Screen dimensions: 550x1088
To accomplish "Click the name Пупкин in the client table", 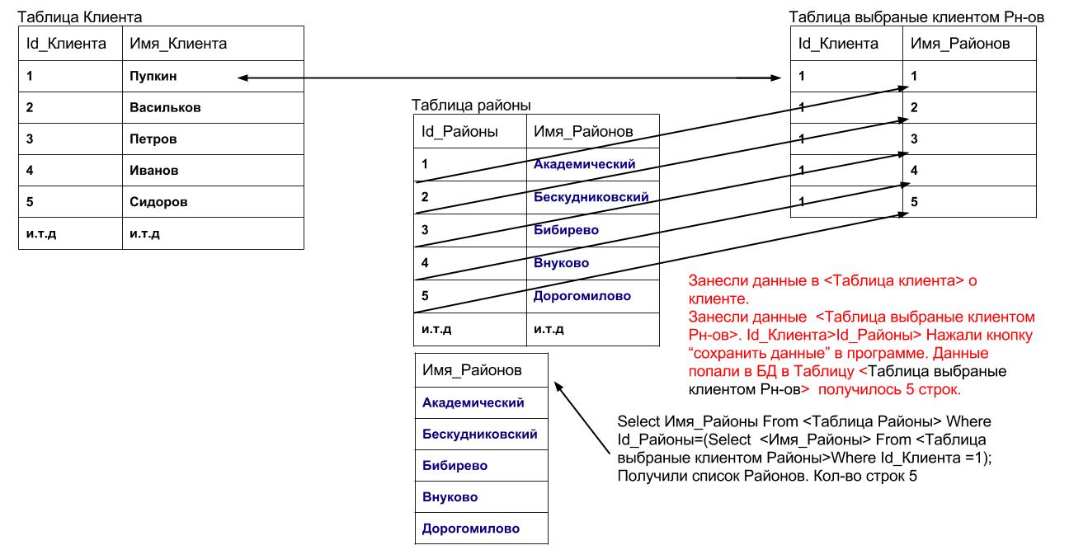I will tap(153, 77).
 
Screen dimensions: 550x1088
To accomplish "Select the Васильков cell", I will tap(165, 107).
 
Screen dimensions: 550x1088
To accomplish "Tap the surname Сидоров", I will tap(158, 202).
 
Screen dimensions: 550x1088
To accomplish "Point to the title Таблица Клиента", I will tap(79, 17).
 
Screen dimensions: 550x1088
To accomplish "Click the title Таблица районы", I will tap(471, 106).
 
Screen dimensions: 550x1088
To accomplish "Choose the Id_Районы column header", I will tap(459, 132).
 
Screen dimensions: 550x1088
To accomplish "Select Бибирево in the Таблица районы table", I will tap(566, 230).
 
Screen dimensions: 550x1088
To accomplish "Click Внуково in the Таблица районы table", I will tap(561, 263).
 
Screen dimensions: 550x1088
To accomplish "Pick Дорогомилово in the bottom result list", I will tap(470, 529).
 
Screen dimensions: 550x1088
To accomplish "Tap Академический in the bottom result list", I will tap(473, 403).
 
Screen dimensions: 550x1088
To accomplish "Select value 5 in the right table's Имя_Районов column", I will tap(914, 202).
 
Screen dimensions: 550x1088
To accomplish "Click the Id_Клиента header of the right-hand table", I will tap(838, 44).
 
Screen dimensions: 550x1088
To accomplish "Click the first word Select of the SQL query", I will tap(637, 422).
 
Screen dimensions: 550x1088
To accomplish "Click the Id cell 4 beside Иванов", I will tap(30, 171).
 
